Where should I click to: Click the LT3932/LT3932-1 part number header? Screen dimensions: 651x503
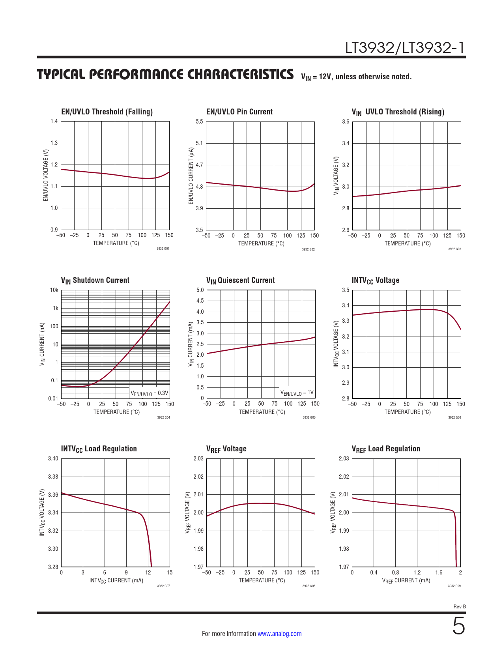(x=405, y=48)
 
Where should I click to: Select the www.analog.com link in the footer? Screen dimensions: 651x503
(x=279, y=634)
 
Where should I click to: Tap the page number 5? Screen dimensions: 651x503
(x=458, y=626)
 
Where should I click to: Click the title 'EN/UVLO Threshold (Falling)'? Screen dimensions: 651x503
(x=107, y=112)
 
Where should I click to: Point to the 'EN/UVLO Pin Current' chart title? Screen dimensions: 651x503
(x=239, y=112)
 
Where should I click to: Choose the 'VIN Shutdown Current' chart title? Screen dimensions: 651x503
(x=95, y=280)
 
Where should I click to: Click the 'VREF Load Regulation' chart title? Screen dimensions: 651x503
(x=386, y=449)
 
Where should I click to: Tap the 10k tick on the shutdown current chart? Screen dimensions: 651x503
(x=54, y=290)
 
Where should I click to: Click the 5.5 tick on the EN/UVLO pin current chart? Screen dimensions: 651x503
(x=199, y=122)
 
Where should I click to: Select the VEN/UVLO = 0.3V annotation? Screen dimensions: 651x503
(x=150, y=393)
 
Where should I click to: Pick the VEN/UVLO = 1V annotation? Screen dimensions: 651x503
(x=297, y=393)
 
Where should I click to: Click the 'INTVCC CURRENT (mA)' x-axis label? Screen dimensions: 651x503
(x=116, y=580)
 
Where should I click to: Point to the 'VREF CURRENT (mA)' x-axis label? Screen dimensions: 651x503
(x=406, y=580)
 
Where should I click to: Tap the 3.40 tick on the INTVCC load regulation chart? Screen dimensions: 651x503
(x=53, y=458)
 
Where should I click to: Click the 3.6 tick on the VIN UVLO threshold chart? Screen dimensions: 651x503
(x=346, y=122)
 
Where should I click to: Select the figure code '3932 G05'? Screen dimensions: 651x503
(x=309, y=417)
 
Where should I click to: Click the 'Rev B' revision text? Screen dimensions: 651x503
(x=460, y=606)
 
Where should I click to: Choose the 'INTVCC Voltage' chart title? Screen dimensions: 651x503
(x=376, y=280)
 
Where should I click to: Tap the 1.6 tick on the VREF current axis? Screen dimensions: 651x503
(x=439, y=572)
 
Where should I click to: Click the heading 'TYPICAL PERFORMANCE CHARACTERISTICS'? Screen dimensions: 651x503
(x=165, y=75)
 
